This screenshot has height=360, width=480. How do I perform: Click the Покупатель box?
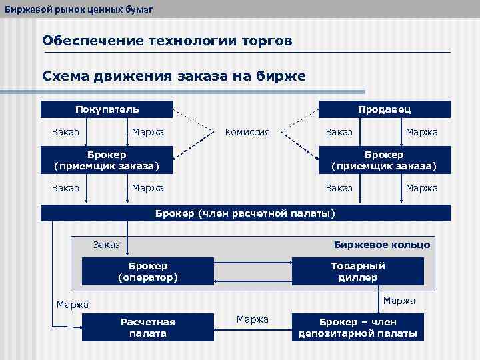(x=107, y=109)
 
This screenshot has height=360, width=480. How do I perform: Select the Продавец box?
(x=384, y=109)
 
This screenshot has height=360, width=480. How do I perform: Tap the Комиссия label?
(x=247, y=132)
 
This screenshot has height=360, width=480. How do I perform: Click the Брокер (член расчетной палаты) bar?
(x=245, y=213)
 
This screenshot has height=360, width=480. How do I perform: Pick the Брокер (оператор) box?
(x=147, y=271)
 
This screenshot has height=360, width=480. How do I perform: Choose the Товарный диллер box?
(x=357, y=271)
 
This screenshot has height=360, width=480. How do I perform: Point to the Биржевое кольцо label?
(x=381, y=245)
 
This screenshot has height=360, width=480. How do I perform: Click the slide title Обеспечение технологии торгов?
(x=167, y=41)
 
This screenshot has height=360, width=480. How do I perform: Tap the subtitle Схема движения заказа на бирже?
(x=174, y=76)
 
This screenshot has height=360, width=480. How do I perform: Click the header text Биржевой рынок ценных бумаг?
(x=78, y=7)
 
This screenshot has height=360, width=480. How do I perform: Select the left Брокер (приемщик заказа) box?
(x=107, y=160)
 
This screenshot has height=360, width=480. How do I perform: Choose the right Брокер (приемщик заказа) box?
(x=384, y=160)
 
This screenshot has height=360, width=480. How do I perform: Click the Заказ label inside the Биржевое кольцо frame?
(x=107, y=245)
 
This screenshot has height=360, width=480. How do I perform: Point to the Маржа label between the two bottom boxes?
(x=253, y=319)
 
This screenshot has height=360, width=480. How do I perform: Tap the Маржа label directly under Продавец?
(x=421, y=132)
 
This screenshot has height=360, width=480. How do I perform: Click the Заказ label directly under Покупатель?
(x=65, y=132)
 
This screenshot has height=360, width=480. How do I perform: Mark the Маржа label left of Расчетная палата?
(x=73, y=305)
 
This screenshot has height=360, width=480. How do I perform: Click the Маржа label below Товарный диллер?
(x=399, y=301)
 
